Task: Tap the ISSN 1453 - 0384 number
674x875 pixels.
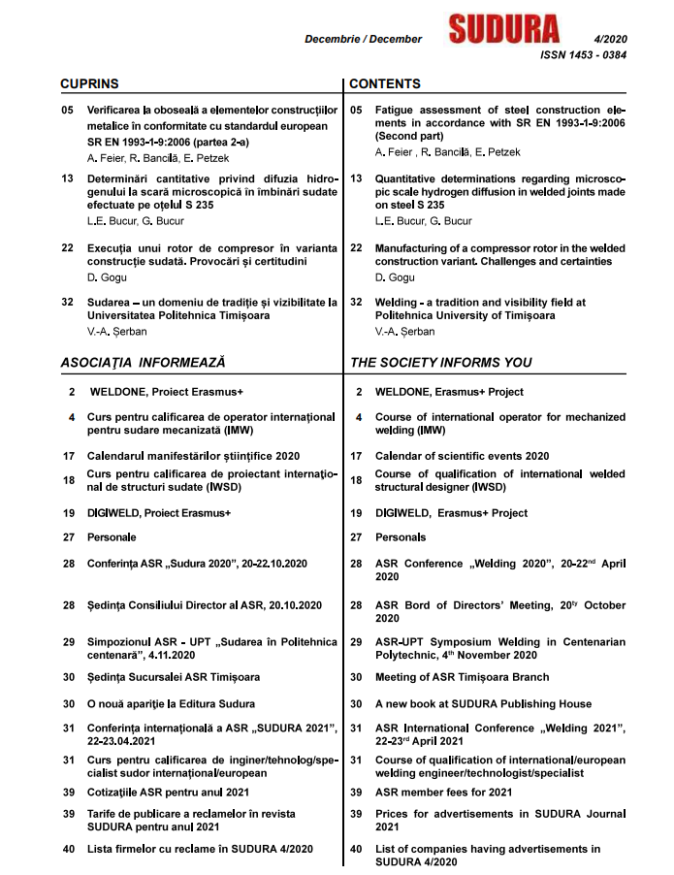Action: tap(582, 55)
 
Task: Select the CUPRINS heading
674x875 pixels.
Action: tap(89, 85)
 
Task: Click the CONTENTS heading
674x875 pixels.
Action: tap(385, 85)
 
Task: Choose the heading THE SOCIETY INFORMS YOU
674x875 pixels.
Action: tap(440, 363)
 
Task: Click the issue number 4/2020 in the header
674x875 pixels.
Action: tap(608, 38)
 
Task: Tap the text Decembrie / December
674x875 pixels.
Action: tap(363, 39)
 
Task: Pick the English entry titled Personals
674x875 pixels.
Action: tap(401, 536)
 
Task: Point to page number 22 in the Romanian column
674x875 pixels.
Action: tap(67, 248)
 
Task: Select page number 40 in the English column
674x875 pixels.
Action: tap(356, 850)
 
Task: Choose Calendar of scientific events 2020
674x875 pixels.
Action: tap(463, 456)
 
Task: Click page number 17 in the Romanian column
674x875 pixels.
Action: tap(68, 456)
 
